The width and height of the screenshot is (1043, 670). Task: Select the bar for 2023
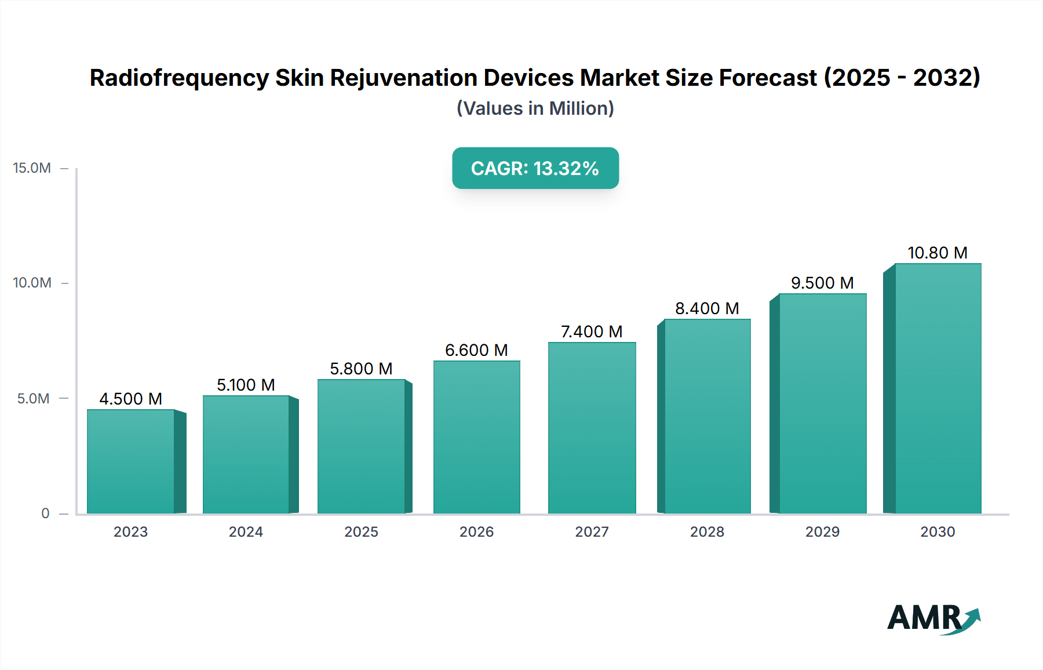click(131, 461)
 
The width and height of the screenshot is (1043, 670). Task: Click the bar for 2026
click(476, 437)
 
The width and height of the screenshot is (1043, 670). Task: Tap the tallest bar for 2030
click(938, 388)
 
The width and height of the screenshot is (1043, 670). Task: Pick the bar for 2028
click(707, 416)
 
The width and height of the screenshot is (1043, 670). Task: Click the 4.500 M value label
click(130, 399)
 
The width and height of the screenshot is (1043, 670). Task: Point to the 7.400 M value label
click(592, 332)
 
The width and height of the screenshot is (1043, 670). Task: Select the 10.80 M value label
click(937, 253)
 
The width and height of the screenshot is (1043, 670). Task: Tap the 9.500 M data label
click(822, 283)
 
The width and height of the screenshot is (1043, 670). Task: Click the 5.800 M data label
click(361, 369)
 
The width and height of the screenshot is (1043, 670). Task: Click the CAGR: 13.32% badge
click(535, 168)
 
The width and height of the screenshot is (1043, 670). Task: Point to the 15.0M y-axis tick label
click(32, 168)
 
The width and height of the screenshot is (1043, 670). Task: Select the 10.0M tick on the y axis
click(32, 283)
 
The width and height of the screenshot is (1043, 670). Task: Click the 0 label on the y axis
click(45, 513)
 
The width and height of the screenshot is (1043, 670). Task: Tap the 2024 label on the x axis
click(246, 531)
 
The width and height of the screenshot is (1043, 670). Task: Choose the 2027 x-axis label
click(592, 531)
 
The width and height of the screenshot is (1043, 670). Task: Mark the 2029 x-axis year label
click(822, 531)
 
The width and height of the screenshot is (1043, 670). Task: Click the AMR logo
click(932, 618)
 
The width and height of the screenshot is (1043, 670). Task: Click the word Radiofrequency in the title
click(179, 78)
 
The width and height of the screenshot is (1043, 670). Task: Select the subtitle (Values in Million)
click(535, 108)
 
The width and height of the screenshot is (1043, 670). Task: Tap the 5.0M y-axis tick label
click(33, 399)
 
